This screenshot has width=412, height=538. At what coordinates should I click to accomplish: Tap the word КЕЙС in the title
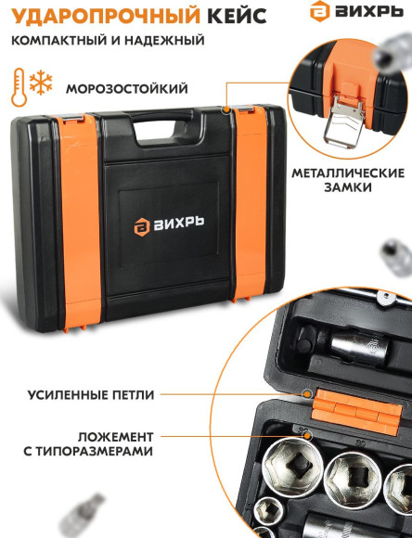pyautogui.click(x=222, y=16)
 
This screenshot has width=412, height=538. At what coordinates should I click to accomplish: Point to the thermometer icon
pyautogui.click(x=18, y=87)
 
